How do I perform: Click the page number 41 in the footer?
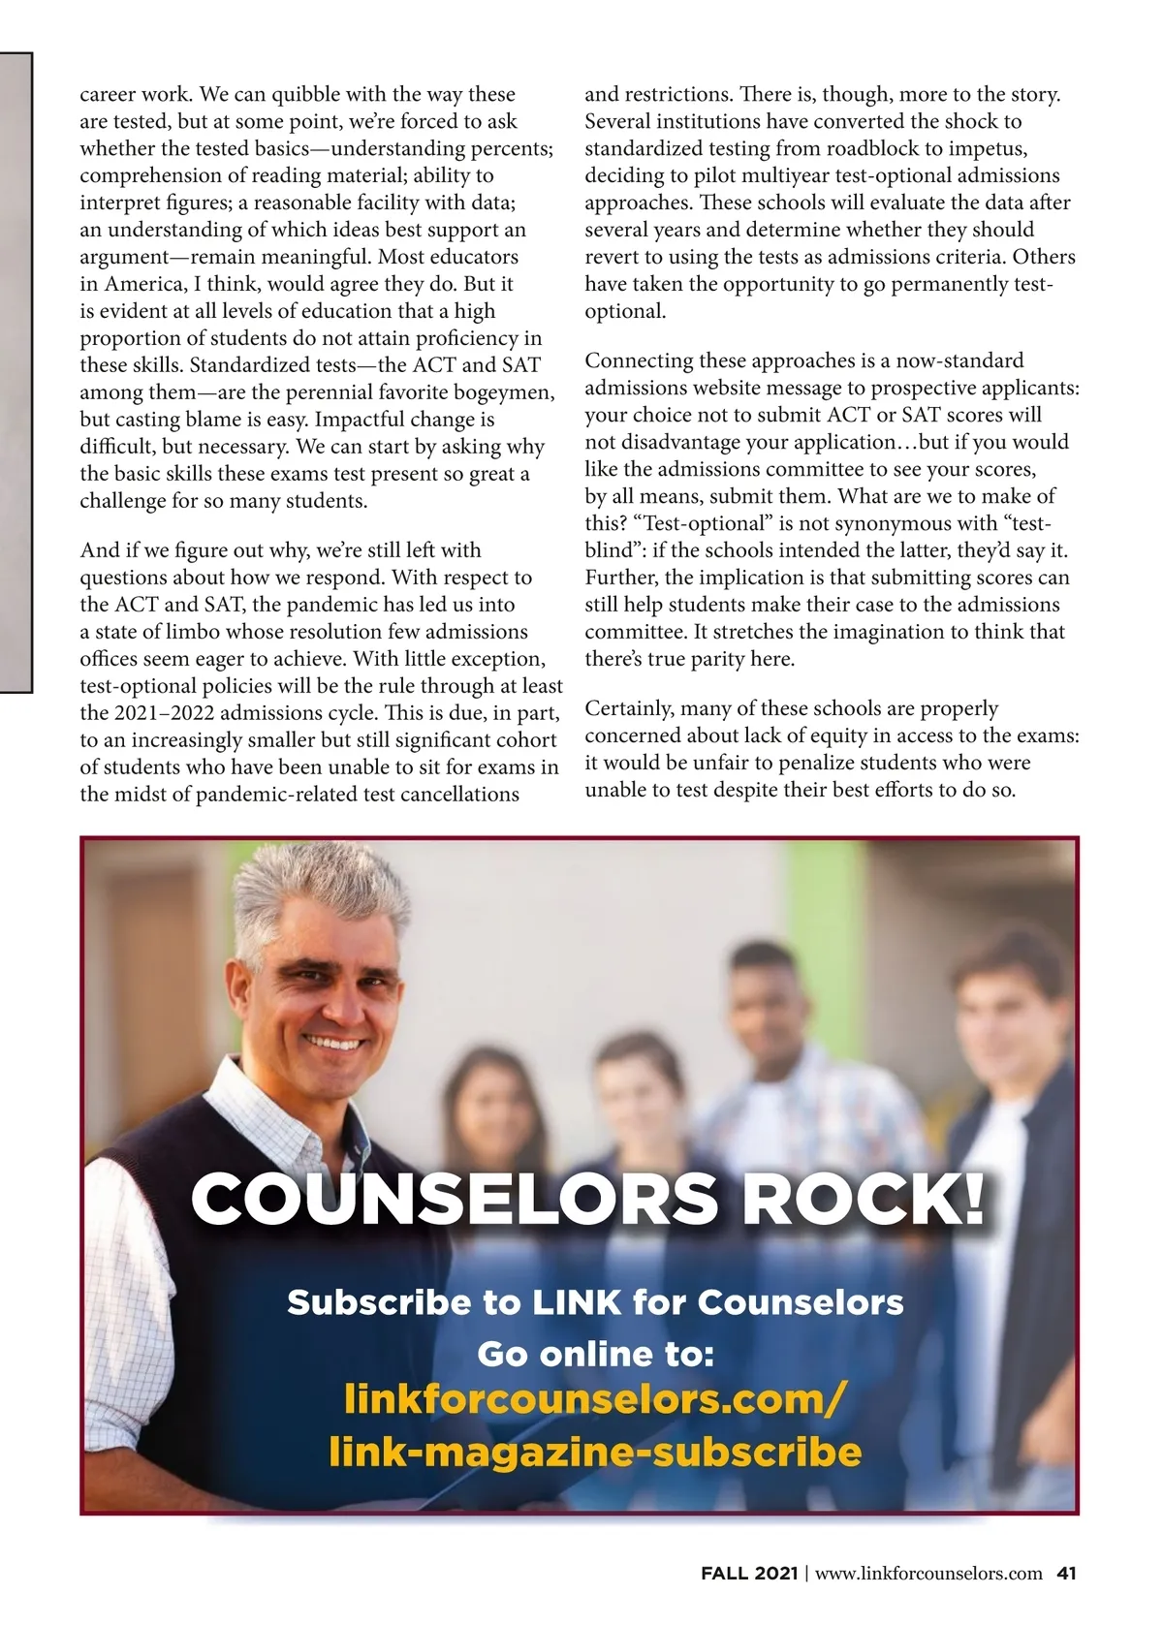(1066, 1573)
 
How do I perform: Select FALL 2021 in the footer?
(749, 1573)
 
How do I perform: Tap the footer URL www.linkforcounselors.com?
(928, 1573)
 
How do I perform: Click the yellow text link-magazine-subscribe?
(595, 1452)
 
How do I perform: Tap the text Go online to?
(595, 1353)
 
